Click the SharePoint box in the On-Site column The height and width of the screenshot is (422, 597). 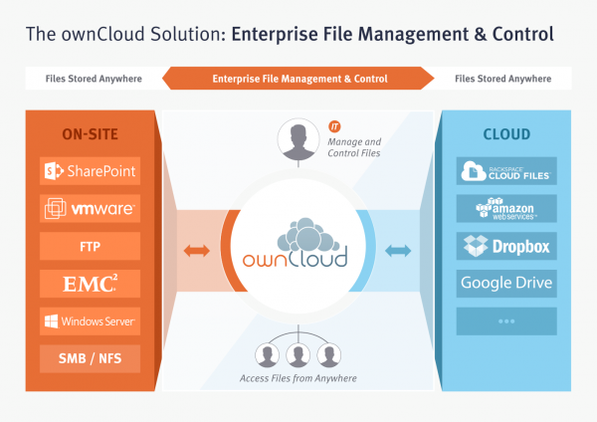click(x=91, y=171)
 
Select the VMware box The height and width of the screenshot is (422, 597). click(x=91, y=208)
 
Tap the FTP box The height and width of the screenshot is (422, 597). click(x=91, y=245)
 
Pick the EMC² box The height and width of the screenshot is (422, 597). click(x=91, y=283)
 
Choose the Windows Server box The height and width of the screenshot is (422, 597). click(x=91, y=320)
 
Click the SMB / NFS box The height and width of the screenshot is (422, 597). click(x=91, y=357)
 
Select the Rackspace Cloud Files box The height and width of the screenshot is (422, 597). click(x=505, y=171)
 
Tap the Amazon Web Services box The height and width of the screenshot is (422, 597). click(x=505, y=208)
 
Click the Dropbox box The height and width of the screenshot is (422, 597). click(x=505, y=245)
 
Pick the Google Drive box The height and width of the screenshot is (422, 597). click(x=505, y=283)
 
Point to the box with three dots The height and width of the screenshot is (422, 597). click(x=505, y=320)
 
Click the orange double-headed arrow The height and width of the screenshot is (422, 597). click(x=197, y=250)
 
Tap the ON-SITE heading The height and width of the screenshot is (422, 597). click(x=91, y=134)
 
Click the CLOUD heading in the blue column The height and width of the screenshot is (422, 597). click(x=505, y=134)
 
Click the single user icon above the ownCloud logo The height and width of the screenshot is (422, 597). click(x=298, y=139)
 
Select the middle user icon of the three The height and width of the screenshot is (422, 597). click(x=298, y=353)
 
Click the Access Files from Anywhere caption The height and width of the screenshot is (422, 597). click(x=298, y=379)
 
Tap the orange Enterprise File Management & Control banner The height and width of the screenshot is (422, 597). click(x=298, y=78)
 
